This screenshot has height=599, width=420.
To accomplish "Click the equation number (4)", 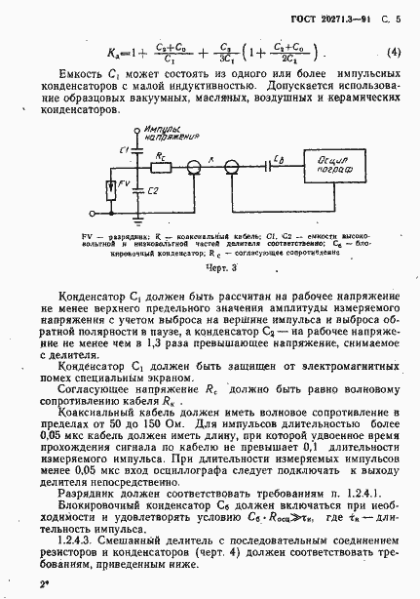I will coord(394,53).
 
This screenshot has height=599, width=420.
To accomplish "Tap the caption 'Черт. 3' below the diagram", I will coord(210,266).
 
